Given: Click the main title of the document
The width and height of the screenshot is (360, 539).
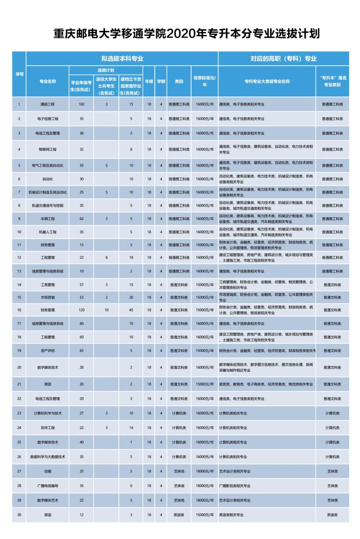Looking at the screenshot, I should (x=186, y=34).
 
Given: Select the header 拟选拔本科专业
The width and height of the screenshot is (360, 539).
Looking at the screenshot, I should (x=122, y=59).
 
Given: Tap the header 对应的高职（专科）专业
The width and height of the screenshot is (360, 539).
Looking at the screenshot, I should (x=283, y=59).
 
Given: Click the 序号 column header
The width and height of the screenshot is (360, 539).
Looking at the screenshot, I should (x=19, y=74).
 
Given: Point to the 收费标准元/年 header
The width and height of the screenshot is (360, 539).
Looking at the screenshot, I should (x=205, y=81).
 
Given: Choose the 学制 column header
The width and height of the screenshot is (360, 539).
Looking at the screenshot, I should (x=161, y=81).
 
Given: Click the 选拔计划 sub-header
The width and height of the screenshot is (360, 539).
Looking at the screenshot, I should (x=106, y=70).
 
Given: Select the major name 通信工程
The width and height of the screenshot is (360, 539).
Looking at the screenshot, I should (x=47, y=104).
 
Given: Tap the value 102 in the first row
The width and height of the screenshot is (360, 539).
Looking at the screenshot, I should (x=82, y=104).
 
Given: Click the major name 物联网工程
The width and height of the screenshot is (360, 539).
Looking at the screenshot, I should (x=47, y=149).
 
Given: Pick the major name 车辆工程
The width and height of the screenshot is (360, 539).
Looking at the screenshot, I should (x=47, y=219).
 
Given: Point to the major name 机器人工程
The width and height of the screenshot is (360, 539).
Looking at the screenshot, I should (x=47, y=232).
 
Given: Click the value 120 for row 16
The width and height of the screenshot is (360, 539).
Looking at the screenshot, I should (x=82, y=310).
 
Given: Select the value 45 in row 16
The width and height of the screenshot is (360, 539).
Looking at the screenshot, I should (x=131, y=310).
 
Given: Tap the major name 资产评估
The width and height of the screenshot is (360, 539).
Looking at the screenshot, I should (x=47, y=351).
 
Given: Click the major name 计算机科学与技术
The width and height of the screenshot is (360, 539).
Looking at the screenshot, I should (x=47, y=413).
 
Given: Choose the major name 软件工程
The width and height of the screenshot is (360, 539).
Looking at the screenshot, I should (x=47, y=428).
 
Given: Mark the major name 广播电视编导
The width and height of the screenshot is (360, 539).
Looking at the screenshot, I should (x=47, y=486).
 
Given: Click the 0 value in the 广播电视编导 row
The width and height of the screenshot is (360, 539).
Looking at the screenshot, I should (x=131, y=486).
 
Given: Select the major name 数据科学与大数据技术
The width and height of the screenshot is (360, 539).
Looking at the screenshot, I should (x=47, y=457).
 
